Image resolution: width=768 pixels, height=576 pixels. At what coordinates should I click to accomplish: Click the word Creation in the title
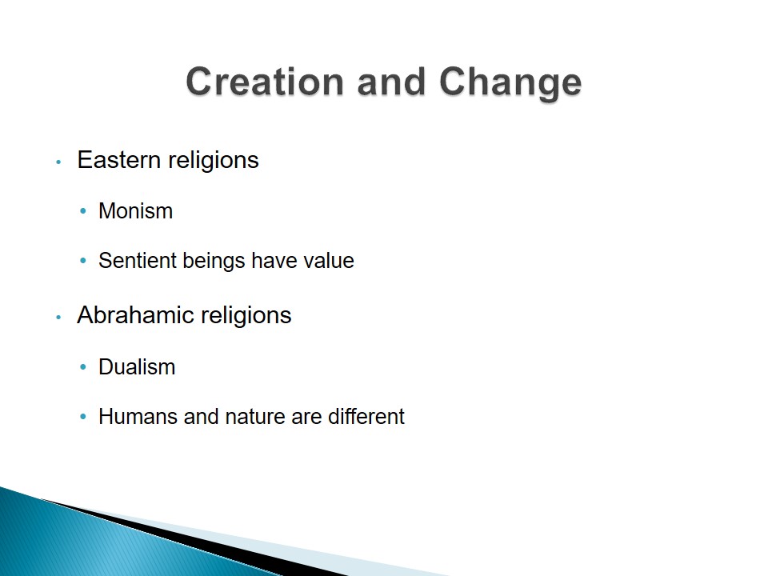click(265, 82)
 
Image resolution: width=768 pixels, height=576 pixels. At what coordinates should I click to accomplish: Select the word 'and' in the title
click(391, 82)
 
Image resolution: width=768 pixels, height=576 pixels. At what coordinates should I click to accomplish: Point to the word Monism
click(136, 211)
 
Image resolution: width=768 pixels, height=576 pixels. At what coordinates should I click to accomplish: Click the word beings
click(213, 262)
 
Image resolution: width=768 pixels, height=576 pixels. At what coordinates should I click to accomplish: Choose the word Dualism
click(137, 367)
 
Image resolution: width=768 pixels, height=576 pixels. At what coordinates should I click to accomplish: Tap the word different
click(366, 416)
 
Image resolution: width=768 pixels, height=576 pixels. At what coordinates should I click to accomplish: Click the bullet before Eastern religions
click(58, 162)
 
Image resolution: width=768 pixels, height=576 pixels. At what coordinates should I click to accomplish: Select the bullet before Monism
click(82, 211)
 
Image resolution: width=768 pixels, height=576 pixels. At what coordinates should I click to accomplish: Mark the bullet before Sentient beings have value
click(82, 261)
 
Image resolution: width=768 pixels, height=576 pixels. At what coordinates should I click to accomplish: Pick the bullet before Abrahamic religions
click(58, 317)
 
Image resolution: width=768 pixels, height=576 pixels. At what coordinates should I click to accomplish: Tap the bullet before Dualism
click(82, 367)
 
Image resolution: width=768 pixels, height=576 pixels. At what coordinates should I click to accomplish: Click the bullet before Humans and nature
click(82, 417)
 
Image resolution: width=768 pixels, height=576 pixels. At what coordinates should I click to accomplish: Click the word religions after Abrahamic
click(246, 316)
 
